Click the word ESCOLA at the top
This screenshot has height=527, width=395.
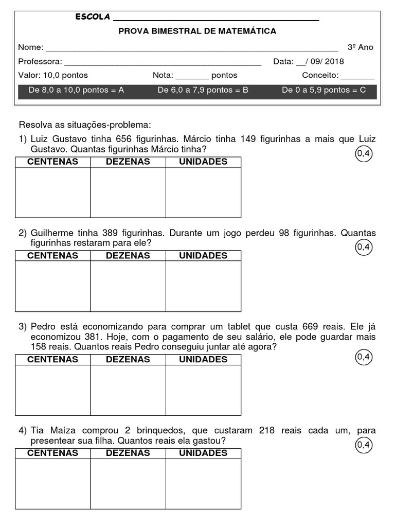tap(93, 17)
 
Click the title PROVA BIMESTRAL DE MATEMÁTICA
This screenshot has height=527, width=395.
tap(197, 31)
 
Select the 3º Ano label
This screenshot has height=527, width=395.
tap(361, 47)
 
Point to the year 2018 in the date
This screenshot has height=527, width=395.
tap(334, 62)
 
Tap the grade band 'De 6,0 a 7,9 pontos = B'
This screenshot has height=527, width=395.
tap(203, 90)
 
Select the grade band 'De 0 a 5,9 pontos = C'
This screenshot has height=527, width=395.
tap(324, 90)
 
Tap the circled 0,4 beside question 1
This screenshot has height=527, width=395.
tap(363, 153)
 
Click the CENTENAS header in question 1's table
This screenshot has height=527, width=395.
tap(52, 162)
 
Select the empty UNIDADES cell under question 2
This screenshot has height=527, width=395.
tap(203, 286)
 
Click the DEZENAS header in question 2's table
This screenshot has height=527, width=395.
tap(128, 255)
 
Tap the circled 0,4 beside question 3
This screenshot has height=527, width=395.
tap(363, 357)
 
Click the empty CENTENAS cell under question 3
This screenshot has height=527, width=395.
tap(52, 390)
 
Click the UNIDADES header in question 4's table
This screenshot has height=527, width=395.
tap(203, 453)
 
